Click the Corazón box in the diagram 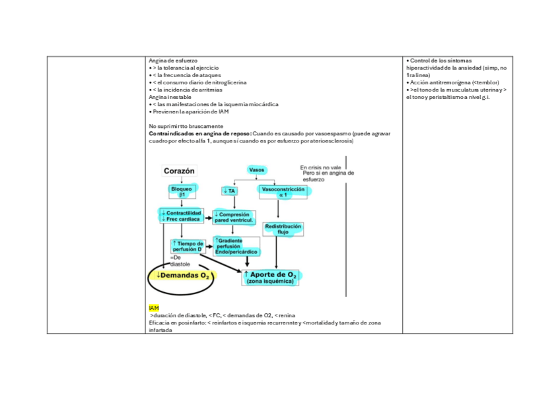(180, 171)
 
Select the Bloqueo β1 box (182, 191)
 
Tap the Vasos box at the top (257, 170)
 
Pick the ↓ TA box (230, 191)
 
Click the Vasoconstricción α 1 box (283, 191)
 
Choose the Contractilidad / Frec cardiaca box (180, 216)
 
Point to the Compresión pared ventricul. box (234, 218)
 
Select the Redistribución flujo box (283, 229)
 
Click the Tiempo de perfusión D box (188, 246)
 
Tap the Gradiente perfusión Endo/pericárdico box (236, 247)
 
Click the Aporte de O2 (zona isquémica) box (271, 277)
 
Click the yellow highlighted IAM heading (154, 308)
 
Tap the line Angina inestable (170, 97)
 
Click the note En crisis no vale (320, 167)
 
